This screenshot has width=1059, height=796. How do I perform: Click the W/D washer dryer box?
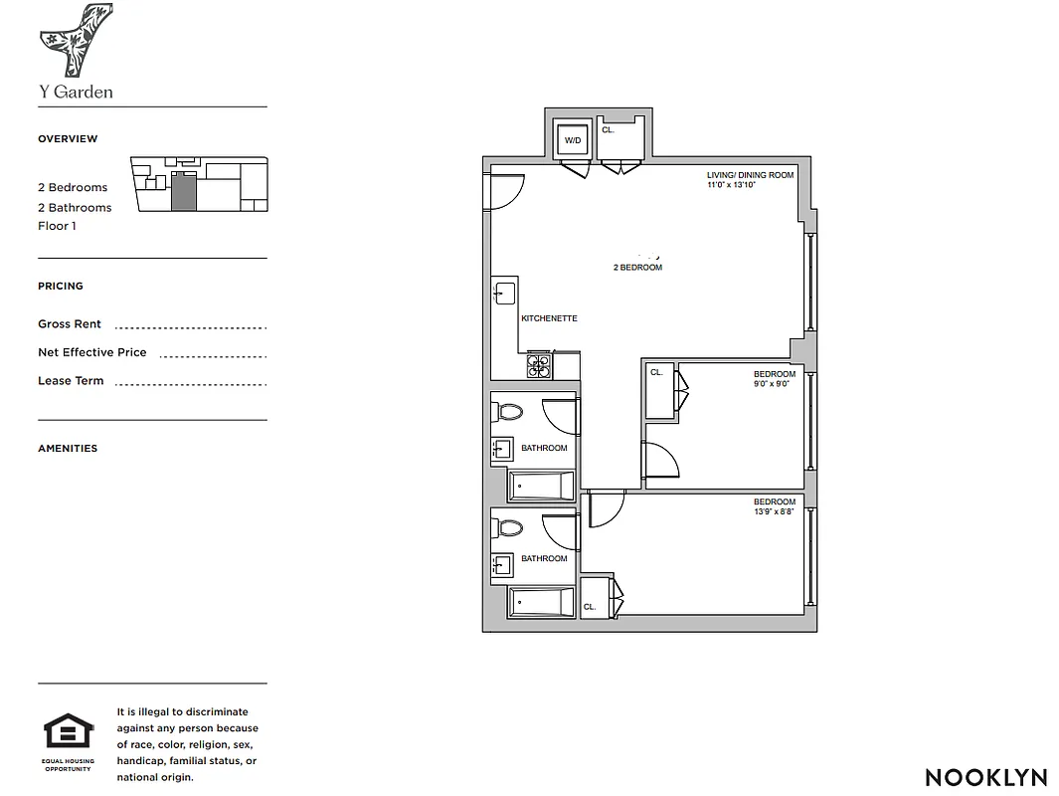(573, 141)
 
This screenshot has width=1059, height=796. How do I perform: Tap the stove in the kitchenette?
(538, 366)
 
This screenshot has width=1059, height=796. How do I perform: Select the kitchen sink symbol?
(503, 294)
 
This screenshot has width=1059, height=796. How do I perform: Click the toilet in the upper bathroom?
(510, 411)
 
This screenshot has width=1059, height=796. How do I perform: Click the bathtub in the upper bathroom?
(542, 487)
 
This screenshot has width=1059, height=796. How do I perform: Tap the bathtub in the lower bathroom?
(542, 602)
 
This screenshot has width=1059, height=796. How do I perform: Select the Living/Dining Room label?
(750, 175)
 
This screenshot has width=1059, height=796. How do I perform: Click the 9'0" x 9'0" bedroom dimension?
(771, 384)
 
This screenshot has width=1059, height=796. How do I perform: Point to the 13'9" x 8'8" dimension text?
(774, 511)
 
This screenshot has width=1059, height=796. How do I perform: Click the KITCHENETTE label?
(549, 318)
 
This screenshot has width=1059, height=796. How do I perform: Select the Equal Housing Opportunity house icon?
(68, 733)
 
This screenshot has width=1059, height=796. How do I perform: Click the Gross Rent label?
(70, 324)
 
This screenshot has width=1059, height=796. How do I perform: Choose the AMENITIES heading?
(68, 449)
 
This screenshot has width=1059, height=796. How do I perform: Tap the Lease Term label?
(71, 381)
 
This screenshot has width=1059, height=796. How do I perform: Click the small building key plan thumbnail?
(199, 184)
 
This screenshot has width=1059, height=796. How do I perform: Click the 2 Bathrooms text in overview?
(75, 207)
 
